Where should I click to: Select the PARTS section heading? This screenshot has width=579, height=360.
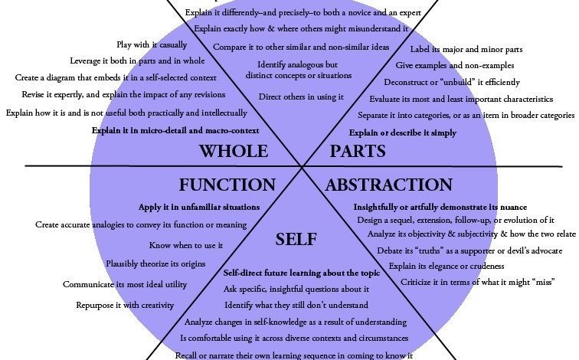pyautogui.click(x=358, y=151)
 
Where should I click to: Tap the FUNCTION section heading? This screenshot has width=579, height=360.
pyautogui.click(x=227, y=185)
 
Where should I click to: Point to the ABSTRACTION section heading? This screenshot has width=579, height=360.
pyautogui.click(x=388, y=185)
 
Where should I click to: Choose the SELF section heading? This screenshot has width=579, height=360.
pyautogui.click(x=296, y=240)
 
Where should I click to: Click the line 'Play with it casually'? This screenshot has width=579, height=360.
pyautogui.click(x=152, y=44)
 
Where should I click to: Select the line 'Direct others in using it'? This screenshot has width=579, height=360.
pyautogui.click(x=301, y=97)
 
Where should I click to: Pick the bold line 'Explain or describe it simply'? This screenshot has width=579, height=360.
pyautogui.click(x=403, y=133)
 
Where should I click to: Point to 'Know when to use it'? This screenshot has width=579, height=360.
pyautogui.click(x=186, y=245)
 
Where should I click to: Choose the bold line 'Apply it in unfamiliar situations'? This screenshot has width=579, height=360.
pyautogui.click(x=199, y=207)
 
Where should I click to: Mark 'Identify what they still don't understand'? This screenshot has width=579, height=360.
pyautogui.click(x=296, y=305)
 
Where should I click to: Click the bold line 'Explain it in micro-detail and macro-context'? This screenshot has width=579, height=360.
pyautogui.click(x=175, y=131)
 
